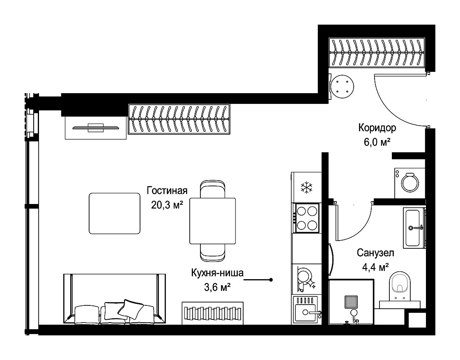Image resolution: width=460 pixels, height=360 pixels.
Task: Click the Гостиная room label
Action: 167,191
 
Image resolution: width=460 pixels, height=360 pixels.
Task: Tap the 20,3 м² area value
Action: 167,204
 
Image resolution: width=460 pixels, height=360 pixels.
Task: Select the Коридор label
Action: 377,128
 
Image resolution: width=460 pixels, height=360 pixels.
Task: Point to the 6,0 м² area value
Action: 377,142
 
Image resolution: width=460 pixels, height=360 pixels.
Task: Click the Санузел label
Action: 375,253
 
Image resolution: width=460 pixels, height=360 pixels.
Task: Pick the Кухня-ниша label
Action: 217,273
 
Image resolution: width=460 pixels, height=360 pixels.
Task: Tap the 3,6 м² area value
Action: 217,287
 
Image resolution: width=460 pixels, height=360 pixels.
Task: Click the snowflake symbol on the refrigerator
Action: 306,187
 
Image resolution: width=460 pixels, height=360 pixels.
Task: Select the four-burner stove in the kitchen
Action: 307,218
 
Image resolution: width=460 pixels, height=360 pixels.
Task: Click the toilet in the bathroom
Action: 400,286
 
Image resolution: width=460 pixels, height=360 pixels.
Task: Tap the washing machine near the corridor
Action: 409,183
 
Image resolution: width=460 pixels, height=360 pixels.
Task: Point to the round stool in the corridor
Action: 342,87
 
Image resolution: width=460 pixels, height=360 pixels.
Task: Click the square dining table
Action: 212,221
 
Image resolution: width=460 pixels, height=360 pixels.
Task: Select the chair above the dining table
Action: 213,189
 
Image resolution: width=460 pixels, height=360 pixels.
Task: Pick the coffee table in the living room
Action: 115,213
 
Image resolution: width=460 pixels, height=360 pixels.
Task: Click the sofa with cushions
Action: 115,299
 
